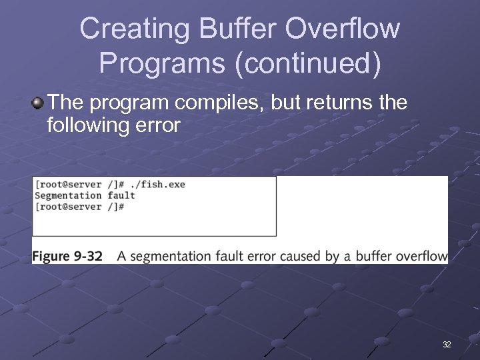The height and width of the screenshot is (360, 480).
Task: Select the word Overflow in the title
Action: click(343, 30)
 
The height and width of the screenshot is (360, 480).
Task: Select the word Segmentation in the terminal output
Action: click(67, 195)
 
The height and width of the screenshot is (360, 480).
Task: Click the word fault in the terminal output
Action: click(121, 195)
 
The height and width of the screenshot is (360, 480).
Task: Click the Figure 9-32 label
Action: click(67, 256)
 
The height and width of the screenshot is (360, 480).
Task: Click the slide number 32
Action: click(447, 345)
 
